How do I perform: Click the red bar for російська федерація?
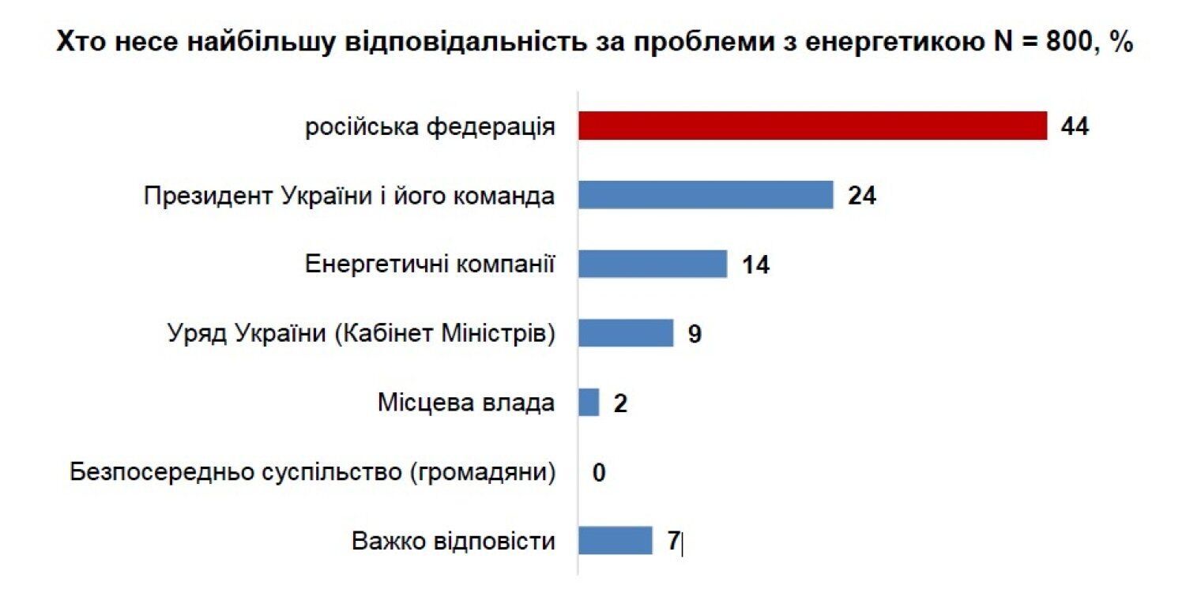(812, 126)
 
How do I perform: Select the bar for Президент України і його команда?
(706, 195)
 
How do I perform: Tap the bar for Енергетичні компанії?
(652, 264)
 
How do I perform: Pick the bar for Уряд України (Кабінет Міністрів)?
(625, 333)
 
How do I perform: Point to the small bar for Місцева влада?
(589, 403)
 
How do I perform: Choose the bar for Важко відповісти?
(615, 541)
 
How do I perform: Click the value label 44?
(1075, 126)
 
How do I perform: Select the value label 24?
(862, 196)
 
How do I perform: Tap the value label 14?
(755, 264)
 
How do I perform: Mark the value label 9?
(694, 334)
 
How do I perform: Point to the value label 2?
(620, 403)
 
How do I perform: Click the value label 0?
(599, 473)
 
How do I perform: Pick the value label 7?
(673, 542)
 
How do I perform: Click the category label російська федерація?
(430, 126)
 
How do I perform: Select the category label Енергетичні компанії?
(430, 264)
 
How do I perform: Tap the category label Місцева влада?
(465, 403)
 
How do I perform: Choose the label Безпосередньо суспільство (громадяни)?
(312, 473)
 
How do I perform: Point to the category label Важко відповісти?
(454, 542)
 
